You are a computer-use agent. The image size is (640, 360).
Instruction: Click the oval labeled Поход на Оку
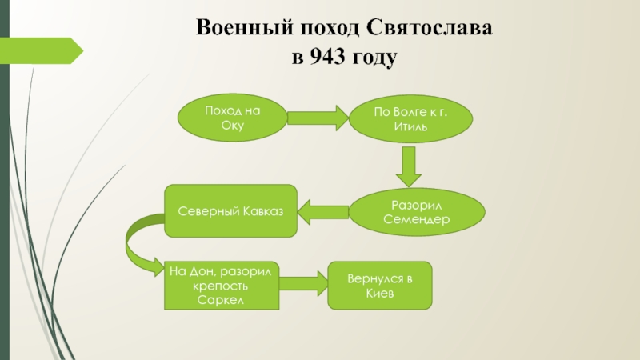(232, 118)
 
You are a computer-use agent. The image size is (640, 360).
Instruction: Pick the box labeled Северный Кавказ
(230, 211)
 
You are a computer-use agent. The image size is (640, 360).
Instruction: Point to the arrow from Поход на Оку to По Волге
(314, 118)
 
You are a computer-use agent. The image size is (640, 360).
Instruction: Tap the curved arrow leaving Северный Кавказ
(140, 240)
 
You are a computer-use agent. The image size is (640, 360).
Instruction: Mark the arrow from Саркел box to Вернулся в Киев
(304, 281)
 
